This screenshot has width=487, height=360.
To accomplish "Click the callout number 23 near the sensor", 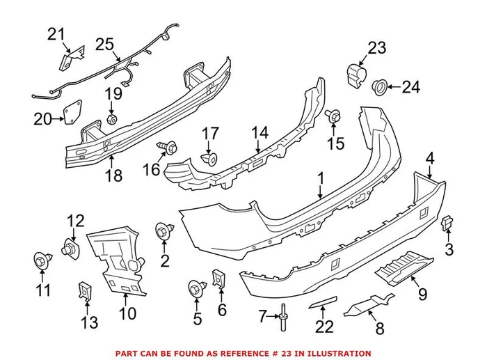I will [376, 48].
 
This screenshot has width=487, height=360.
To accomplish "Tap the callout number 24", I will [412, 87].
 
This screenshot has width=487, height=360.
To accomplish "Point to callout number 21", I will [55, 33].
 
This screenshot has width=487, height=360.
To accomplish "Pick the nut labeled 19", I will [111, 119].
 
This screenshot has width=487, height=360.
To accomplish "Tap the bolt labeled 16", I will [168, 147].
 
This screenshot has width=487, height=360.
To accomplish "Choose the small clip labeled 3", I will [447, 223].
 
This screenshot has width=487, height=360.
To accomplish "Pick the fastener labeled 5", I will [196, 288].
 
